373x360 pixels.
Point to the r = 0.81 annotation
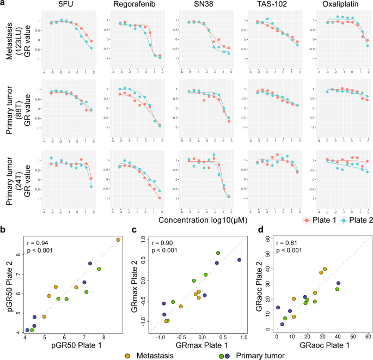click(x=289, y=228)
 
